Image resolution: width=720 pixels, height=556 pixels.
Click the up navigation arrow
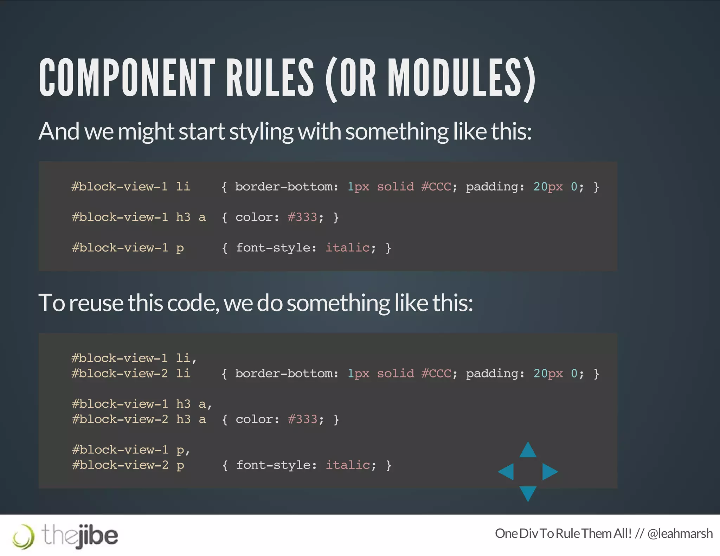(528, 451)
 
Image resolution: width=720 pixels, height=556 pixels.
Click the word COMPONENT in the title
(127, 78)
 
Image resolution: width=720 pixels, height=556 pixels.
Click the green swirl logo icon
(24, 536)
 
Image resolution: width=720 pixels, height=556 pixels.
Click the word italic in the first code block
(347, 248)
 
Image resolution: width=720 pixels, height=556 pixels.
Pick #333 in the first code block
(302, 217)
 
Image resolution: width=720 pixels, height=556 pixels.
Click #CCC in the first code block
(436, 187)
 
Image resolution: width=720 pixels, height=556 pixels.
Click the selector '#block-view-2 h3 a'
(139, 419)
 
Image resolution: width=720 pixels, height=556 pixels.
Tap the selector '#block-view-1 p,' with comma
(131, 450)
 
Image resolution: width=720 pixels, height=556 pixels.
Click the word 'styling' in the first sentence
(261, 132)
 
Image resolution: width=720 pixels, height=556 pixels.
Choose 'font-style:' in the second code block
(276, 465)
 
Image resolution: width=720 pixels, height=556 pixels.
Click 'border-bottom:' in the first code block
(287, 187)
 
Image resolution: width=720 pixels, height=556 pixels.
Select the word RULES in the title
(270, 78)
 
